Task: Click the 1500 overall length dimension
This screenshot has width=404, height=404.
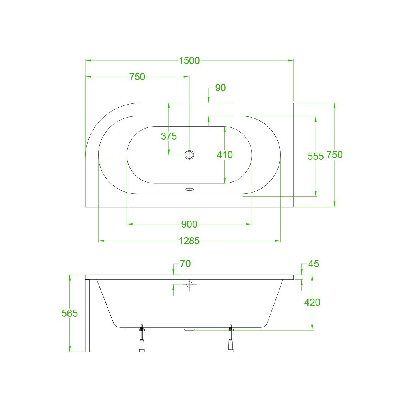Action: click(189, 60)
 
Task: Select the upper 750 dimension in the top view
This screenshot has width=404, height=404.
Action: click(137, 77)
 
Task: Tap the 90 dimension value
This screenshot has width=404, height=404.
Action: click(220, 88)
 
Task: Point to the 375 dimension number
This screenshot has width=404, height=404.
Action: click(168, 137)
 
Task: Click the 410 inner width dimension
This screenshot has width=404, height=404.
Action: click(224, 155)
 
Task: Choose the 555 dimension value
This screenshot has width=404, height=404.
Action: click(315, 156)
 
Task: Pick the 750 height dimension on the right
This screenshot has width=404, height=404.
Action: click(335, 155)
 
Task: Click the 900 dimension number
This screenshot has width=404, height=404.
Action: click(189, 224)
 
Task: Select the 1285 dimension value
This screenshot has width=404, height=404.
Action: click(189, 241)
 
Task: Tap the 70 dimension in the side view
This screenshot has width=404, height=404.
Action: click(185, 264)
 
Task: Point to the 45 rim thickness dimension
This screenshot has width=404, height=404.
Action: click(314, 264)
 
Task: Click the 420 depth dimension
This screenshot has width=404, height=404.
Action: click(312, 303)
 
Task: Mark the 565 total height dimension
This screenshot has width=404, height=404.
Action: click(70, 314)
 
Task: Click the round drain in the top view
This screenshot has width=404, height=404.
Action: click(189, 155)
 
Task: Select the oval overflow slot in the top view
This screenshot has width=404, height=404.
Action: click(189, 189)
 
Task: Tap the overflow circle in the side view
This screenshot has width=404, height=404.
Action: click(189, 284)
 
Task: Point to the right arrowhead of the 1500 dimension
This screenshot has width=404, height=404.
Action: click(291, 60)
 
